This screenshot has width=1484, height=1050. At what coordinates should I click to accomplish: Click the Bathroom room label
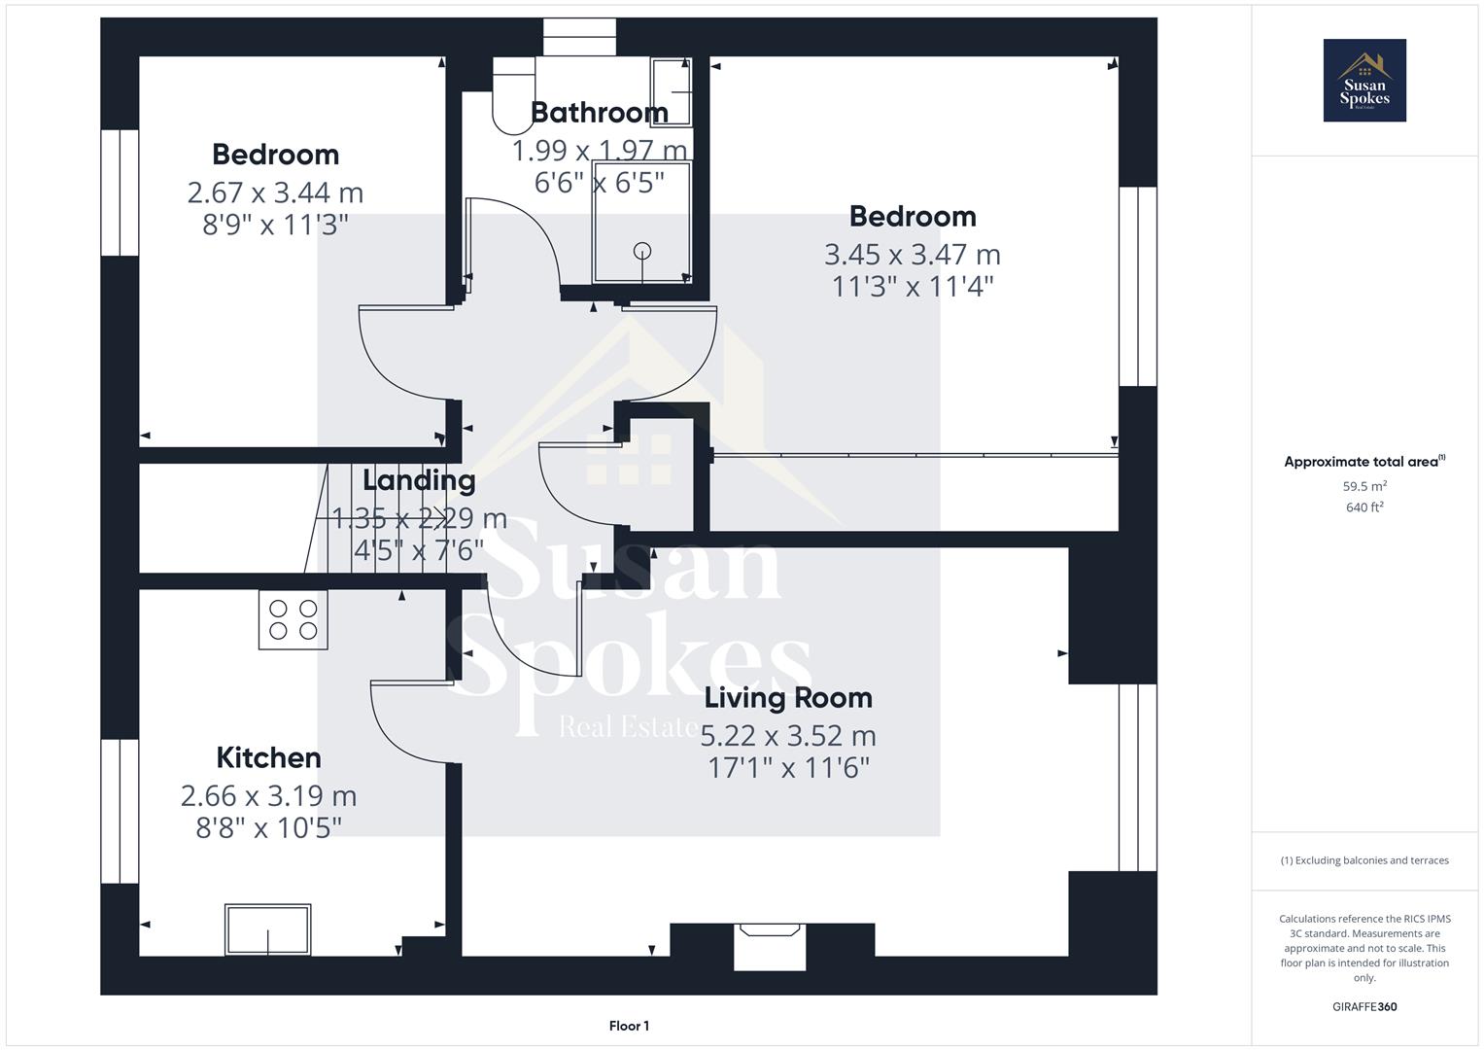coord(599,113)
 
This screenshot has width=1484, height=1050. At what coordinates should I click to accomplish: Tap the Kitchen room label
coord(268,757)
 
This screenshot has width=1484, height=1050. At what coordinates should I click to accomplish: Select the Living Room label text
coord(788,697)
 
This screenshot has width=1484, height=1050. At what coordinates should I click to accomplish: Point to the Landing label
coord(419,480)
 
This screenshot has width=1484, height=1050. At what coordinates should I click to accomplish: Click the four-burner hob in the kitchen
coord(293,620)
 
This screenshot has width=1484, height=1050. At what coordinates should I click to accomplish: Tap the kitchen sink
coord(268,929)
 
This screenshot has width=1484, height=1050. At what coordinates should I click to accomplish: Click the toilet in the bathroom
coord(514,95)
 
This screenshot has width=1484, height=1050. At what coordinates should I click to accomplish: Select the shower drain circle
coord(642,251)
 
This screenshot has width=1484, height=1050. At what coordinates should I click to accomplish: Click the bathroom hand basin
coord(672,92)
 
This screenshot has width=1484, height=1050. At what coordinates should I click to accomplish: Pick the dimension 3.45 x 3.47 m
coord(912,255)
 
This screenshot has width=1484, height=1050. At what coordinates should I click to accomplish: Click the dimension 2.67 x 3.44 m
coord(275,192)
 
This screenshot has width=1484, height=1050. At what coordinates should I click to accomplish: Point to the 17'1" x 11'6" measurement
coord(788,768)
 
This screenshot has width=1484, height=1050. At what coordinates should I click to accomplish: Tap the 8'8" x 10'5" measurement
coord(268,827)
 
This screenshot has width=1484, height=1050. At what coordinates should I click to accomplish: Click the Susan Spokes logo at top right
coord(1364,81)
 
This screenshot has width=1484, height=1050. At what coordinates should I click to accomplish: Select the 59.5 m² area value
coord(1364,486)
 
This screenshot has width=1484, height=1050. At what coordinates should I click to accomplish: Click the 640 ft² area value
coord(1364,507)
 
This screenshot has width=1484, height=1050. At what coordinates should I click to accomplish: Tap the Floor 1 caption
coord(629,1026)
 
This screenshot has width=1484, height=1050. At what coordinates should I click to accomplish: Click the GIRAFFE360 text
coord(1364,1006)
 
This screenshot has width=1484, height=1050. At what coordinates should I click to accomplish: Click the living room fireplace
coord(770,945)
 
